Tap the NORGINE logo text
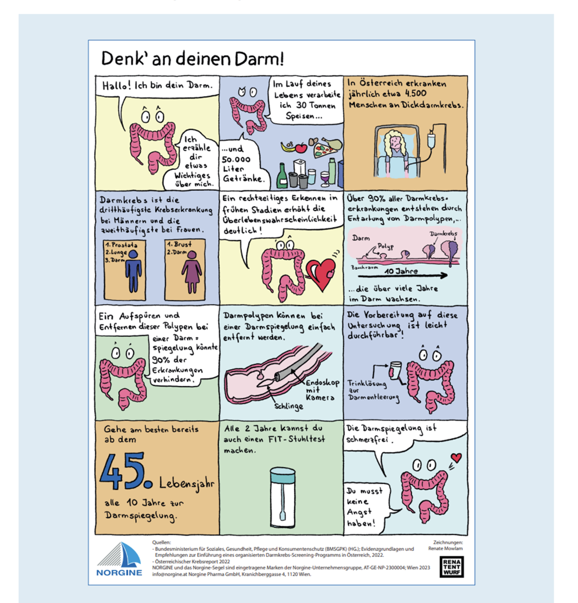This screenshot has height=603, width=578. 119,572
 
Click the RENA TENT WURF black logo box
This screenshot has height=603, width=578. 451,567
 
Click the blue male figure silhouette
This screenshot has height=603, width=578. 133,271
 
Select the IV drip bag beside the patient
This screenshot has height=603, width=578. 431,139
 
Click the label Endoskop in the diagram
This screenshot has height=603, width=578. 323,383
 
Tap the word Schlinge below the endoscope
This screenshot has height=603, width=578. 289,406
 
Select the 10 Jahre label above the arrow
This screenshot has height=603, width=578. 401,271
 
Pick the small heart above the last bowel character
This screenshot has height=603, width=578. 456,457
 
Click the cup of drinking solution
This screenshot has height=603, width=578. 396,370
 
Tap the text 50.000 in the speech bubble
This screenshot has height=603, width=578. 236,159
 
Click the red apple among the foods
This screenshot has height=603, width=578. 301,148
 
